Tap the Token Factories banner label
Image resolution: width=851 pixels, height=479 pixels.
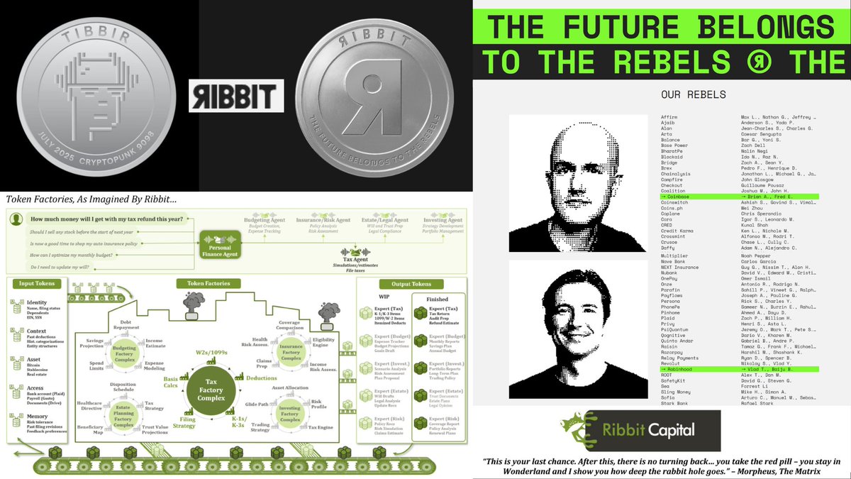pyautogui.click(x=208, y=283)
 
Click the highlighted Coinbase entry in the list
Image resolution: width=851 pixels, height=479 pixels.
pyautogui.click(x=676, y=197)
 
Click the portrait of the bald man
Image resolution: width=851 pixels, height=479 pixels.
pyautogui.click(x=578, y=183)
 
